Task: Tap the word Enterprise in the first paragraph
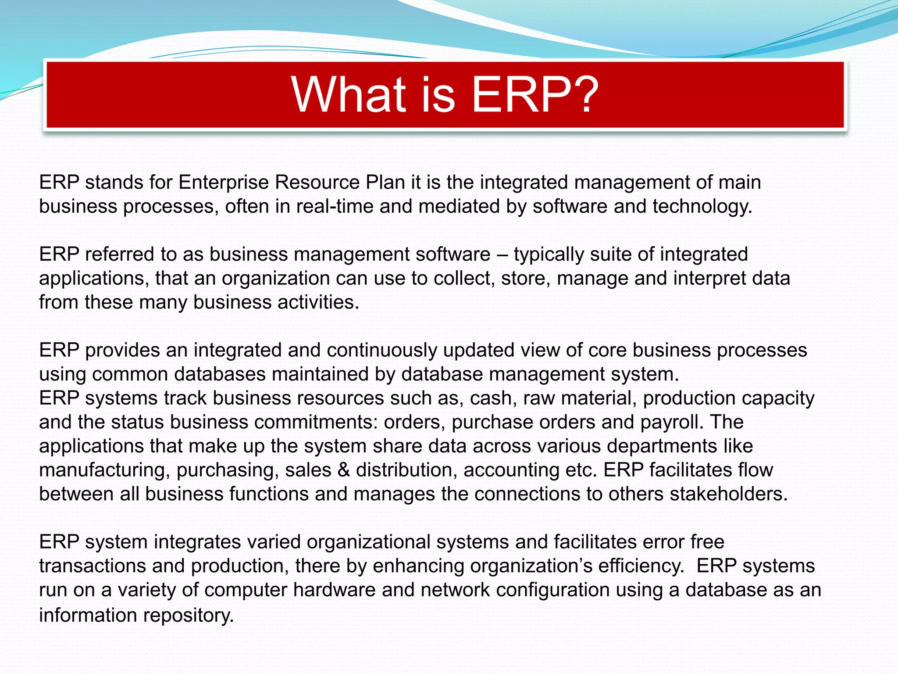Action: click(223, 183)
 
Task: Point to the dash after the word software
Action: click(502, 255)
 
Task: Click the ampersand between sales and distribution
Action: click(344, 470)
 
